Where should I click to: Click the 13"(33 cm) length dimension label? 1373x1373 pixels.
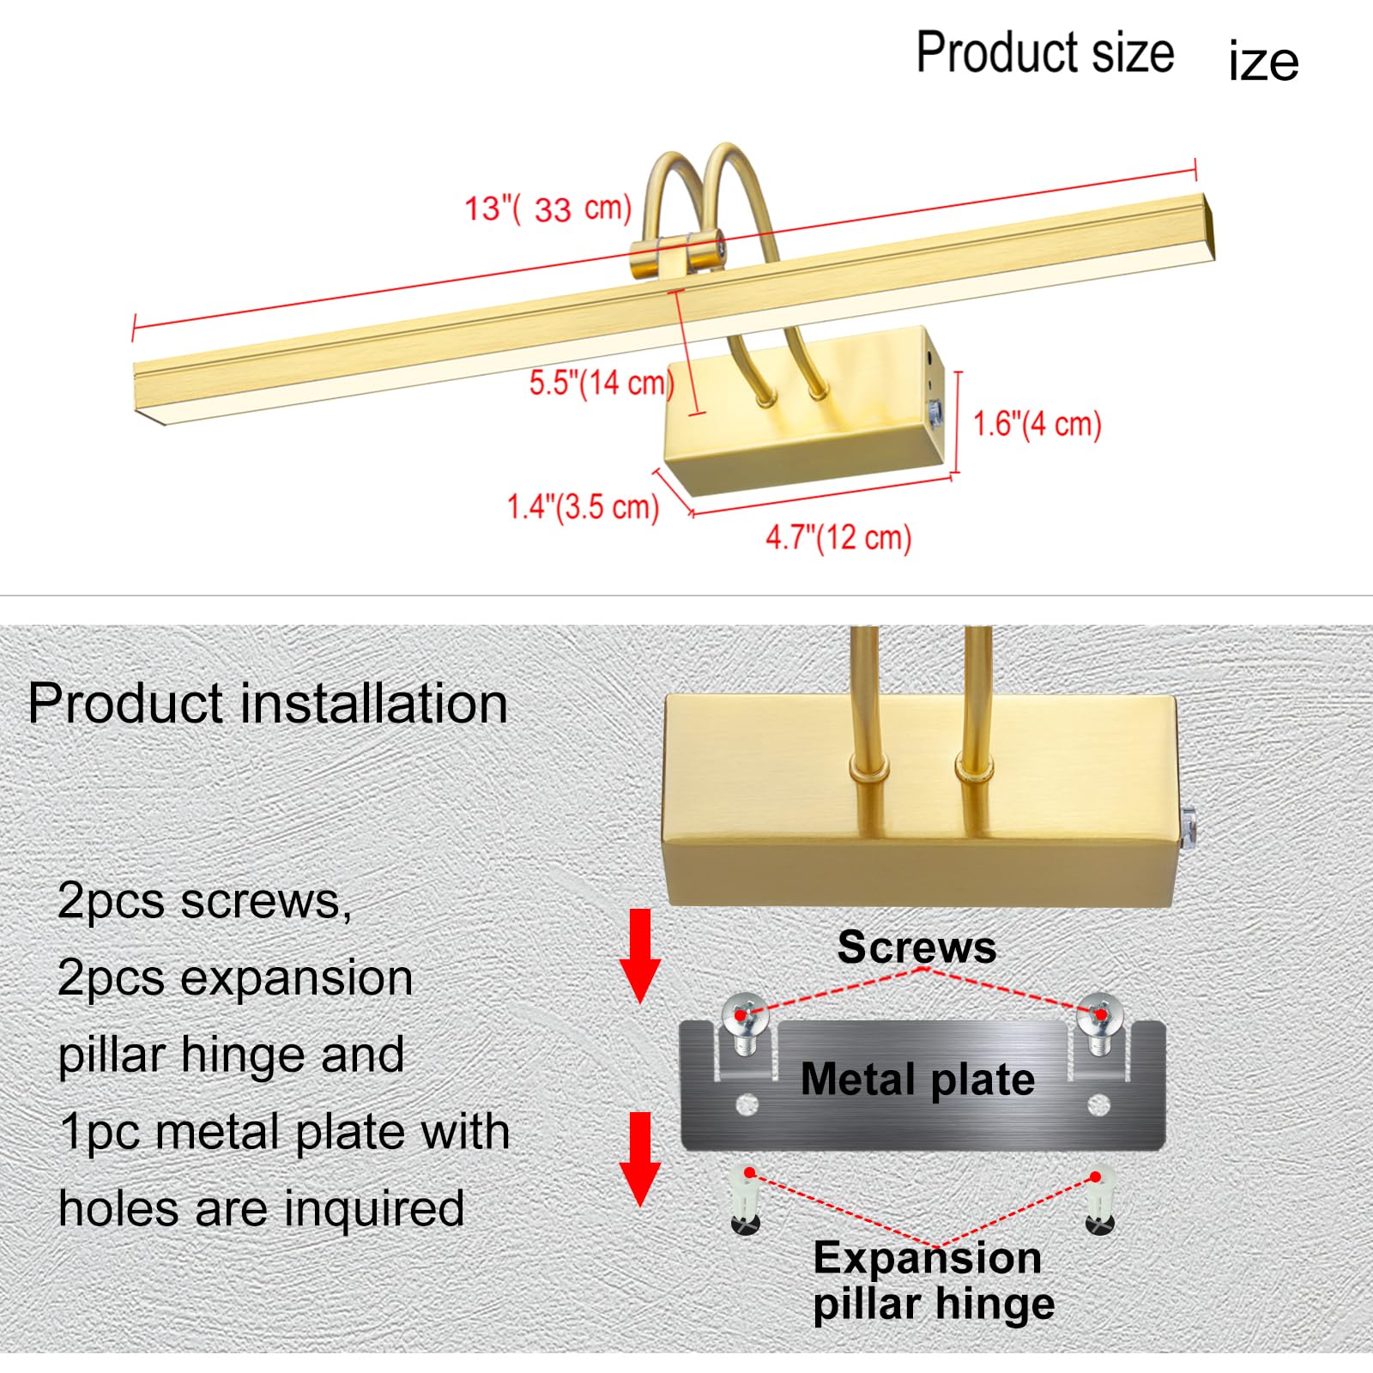[547, 209]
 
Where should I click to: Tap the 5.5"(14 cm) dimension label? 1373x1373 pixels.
[601, 383]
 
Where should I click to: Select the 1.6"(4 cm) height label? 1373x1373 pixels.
[1037, 424]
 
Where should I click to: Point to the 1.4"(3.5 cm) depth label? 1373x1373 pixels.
[583, 506]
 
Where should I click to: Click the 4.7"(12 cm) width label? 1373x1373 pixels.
[838, 538]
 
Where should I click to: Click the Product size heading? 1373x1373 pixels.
[1045, 52]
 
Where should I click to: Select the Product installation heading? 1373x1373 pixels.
[268, 705]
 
